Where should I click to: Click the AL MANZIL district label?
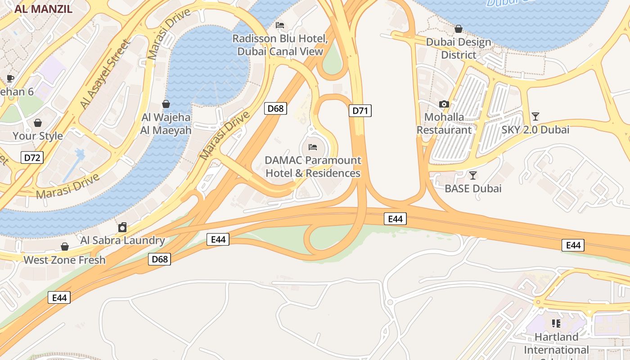(43, 9)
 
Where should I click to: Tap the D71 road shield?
(360, 111)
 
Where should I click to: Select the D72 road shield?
(32, 157)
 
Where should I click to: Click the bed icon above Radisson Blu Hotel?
(280, 25)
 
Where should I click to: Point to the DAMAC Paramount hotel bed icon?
(313, 147)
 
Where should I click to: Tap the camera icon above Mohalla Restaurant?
(444, 104)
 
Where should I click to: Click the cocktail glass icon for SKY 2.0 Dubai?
(535, 117)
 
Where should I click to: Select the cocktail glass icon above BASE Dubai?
(472, 175)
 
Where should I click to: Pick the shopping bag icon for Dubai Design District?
(458, 29)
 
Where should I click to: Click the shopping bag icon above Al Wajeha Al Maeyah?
(166, 104)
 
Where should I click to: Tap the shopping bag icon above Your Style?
(38, 123)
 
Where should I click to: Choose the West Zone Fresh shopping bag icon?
(65, 247)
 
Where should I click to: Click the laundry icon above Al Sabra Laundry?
(122, 227)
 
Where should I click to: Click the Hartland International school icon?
(556, 324)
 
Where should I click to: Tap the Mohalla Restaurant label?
(444, 124)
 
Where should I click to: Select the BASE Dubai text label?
(473, 189)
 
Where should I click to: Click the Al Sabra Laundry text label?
(123, 240)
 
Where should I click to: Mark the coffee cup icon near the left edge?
(10, 79)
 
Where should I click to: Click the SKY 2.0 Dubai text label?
(535, 130)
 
